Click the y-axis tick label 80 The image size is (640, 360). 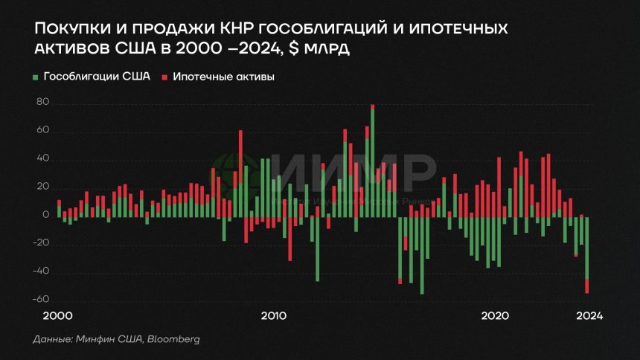(42, 103)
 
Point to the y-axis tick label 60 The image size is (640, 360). (42, 132)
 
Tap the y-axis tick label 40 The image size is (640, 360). (42, 159)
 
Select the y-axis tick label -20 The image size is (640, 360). (40, 243)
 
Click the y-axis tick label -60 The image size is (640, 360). (40, 300)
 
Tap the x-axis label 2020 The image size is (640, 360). (495, 315)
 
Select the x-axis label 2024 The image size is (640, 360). (589, 315)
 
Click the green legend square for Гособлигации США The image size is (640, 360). (36, 77)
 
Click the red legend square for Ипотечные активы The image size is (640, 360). (165, 77)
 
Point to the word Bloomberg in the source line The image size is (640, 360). (174, 339)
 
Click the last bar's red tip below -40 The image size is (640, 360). (588, 286)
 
